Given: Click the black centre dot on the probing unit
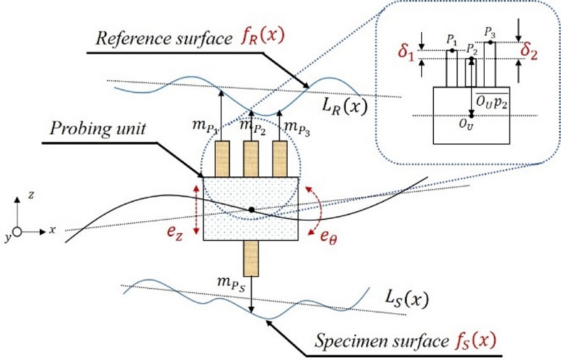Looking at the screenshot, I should (x=251, y=209).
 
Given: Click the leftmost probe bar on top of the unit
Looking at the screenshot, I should (x=222, y=159).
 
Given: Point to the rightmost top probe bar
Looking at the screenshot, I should (x=280, y=159).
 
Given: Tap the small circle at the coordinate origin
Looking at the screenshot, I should (x=18, y=230).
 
